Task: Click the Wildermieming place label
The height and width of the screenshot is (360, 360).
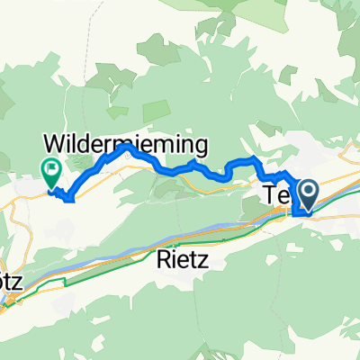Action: [x=126, y=143]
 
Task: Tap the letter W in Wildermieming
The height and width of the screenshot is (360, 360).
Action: [x=56, y=143]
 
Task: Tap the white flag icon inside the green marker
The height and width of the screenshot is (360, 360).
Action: [x=49, y=165]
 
